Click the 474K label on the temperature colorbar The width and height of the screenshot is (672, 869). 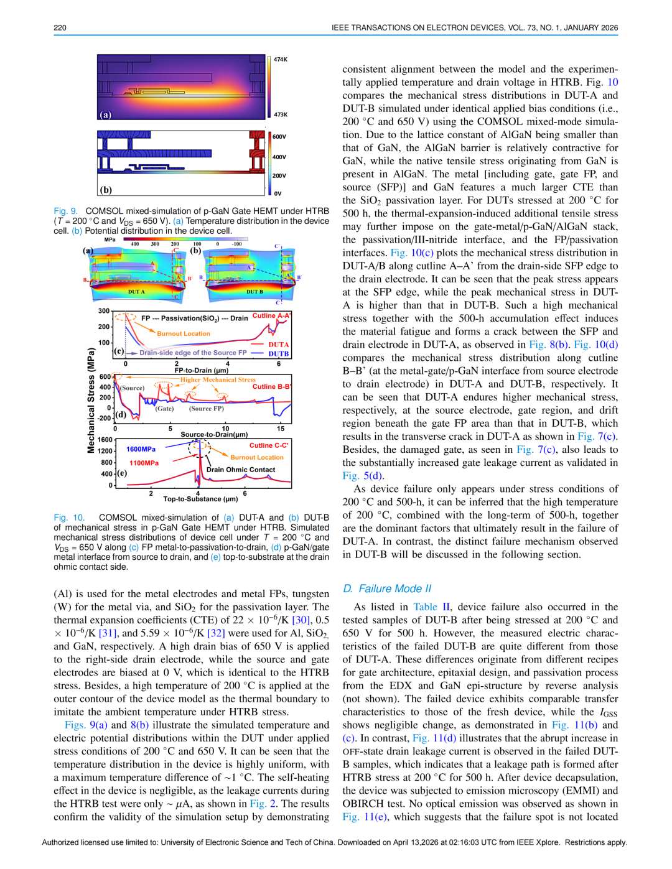(x=281, y=60)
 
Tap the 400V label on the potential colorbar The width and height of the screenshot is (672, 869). (x=279, y=157)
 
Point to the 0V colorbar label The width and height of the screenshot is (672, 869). (x=278, y=193)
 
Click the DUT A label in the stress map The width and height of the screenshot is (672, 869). (x=136, y=292)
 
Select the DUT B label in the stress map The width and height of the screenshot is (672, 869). (x=254, y=292)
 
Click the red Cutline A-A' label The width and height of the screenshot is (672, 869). (x=271, y=316)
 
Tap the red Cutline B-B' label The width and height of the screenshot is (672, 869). (x=271, y=387)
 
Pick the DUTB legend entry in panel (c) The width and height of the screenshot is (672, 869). (x=278, y=354)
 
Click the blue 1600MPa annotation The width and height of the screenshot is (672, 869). (x=141, y=449)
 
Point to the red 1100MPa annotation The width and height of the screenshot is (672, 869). (x=144, y=463)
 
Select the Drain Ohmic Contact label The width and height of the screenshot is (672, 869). (x=241, y=470)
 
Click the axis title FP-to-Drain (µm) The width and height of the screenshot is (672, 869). (x=202, y=370)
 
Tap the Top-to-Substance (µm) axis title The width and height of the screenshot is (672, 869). (x=200, y=499)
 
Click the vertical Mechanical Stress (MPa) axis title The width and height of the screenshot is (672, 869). (x=91, y=400)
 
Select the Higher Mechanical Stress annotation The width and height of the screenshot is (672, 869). (x=218, y=379)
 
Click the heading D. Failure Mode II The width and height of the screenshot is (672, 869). (x=387, y=588)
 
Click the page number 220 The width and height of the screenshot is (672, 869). (x=60, y=27)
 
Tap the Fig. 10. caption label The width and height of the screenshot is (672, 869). (x=69, y=518)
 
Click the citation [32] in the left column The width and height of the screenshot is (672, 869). (x=216, y=633)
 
